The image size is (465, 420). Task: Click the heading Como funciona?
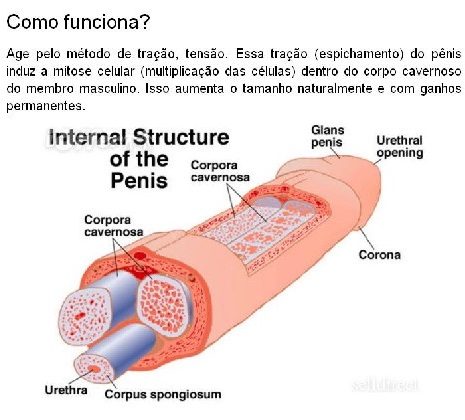point(78,23)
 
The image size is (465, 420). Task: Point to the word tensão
point(206,54)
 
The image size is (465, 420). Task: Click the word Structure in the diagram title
point(181,137)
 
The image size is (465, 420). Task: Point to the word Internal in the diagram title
point(87,137)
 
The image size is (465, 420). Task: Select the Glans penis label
point(327,136)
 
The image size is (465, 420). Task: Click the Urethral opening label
point(399,146)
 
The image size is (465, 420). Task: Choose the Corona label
point(380,255)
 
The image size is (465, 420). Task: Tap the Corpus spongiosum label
point(163,394)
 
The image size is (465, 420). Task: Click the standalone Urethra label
point(66,390)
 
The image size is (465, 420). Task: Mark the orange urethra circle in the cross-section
point(94,369)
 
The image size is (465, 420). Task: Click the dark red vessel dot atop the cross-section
point(140,256)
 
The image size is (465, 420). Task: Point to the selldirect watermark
point(384,385)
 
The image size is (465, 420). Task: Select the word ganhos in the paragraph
point(441,89)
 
